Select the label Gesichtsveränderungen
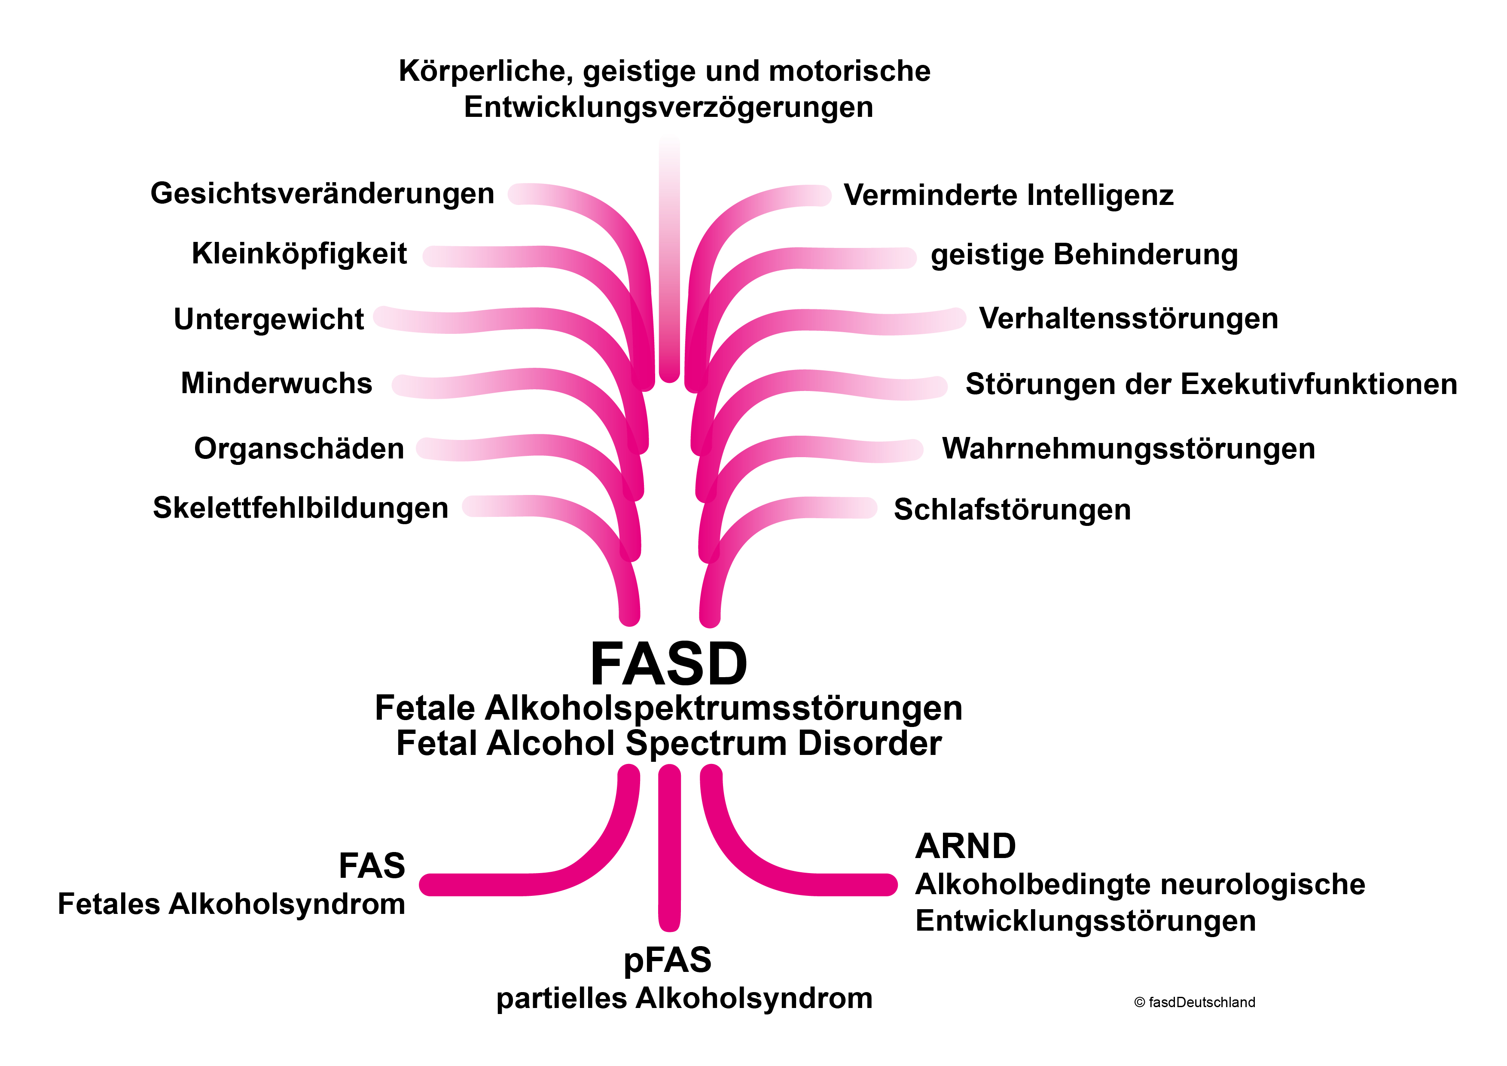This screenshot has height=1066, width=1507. point(322,194)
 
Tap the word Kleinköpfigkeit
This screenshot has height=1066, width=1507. point(299,254)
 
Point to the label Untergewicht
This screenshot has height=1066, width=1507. point(268,319)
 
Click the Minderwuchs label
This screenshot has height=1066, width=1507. point(276,383)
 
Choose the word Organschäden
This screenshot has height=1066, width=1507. point(299,449)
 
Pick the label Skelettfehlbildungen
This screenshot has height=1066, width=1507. point(301,508)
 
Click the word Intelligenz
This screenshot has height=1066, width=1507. point(1100,195)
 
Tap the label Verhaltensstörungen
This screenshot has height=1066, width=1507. point(1128,319)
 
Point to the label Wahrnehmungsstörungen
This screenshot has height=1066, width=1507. point(1128,449)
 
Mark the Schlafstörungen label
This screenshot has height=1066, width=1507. point(1012,510)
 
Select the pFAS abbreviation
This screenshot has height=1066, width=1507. point(668,960)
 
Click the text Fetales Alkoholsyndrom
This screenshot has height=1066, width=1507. point(232,904)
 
